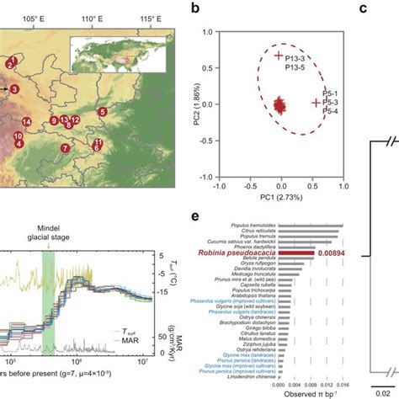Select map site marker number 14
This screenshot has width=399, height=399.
click(27, 123)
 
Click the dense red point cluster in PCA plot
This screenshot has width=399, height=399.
click(280, 105)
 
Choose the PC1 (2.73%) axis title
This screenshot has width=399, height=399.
click(280, 202)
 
